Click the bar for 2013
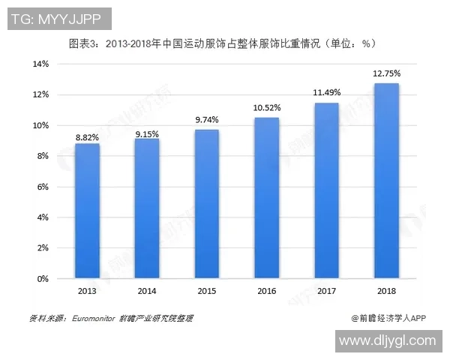(87, 211)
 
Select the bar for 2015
(207, 204)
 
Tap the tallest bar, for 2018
(386, 181)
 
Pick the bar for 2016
(267, 198)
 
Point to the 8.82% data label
(87, 137)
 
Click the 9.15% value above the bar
(147, 133)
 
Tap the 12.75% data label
(387, 73)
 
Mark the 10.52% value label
(267, 108)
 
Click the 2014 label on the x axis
(147, 290)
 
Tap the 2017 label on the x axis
(327, 290)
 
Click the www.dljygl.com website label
(387, 340)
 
